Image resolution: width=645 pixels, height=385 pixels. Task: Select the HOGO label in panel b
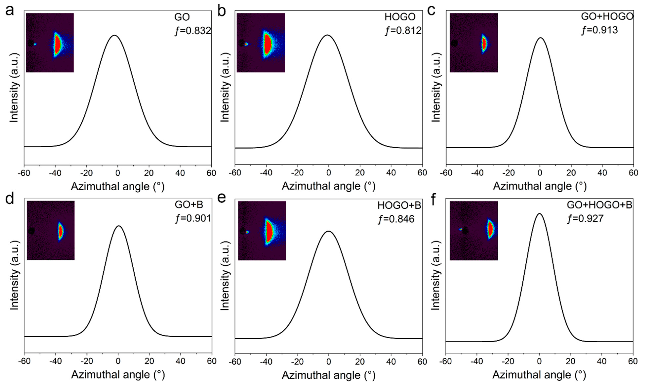pos(400,17)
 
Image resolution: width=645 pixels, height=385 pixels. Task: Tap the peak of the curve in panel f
pos(540,214)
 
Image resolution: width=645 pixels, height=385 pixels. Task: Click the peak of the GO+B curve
pos(119,226)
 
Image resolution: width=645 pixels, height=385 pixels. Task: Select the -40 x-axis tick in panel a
pos(55,173)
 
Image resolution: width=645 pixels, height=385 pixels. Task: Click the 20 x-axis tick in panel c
pos(571,173)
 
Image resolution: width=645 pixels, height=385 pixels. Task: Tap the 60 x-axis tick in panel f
pos(633,361)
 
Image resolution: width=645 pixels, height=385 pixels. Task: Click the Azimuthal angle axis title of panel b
pos(328,186)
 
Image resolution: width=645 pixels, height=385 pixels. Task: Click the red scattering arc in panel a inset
pos(58,45)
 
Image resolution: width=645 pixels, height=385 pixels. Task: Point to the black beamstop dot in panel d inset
pos(32,231)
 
